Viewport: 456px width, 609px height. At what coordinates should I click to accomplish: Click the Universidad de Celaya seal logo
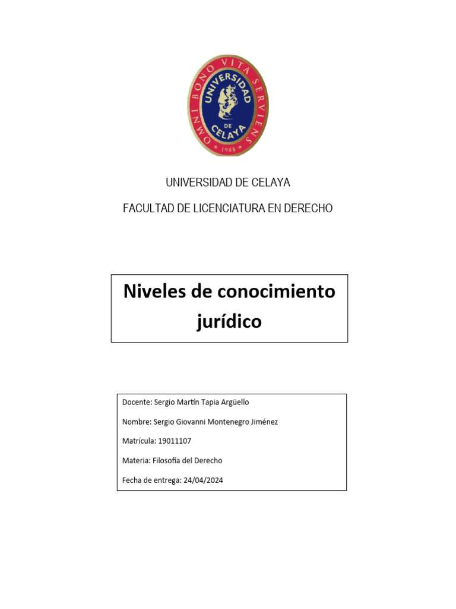(x=228, y=105)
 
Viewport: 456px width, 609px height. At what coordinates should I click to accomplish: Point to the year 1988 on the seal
(x=229, y=150)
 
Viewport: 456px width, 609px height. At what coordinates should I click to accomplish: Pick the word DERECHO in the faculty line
(x=309, y=208)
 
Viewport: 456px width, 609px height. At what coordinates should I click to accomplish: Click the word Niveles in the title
(x=154, y=291)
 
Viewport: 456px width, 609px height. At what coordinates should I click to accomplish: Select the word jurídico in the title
(x=229, y=322)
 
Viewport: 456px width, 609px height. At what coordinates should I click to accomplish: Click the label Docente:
(x=137, y=402)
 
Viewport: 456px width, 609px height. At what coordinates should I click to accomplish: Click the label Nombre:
(x=137, y=422)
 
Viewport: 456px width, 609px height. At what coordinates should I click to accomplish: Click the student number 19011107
(x=175, y=441)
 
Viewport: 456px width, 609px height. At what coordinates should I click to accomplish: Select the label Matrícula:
(x=139, y=441)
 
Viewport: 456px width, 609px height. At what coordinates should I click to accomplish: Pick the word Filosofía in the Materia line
(x=169, y=460)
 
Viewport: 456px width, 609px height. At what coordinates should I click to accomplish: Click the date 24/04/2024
(x=203, y=480)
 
